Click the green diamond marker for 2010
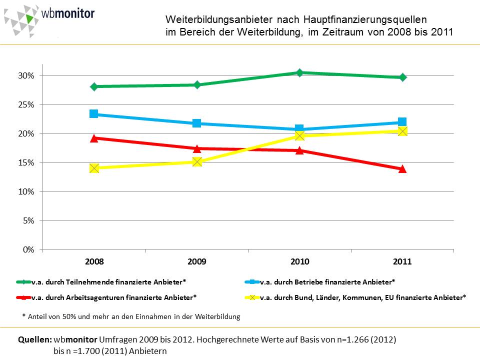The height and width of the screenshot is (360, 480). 299,73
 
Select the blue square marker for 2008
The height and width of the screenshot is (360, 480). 94,114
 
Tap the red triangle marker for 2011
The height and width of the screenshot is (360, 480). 402,169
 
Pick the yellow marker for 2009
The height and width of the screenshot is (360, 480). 197,161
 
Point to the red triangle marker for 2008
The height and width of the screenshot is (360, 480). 94,138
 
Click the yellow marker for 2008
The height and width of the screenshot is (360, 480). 94,168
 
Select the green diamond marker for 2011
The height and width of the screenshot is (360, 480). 402,77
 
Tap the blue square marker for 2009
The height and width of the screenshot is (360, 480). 197,123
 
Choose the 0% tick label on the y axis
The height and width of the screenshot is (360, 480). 28,249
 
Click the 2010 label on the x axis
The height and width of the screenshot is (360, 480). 299,261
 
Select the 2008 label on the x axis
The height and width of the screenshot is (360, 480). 94,261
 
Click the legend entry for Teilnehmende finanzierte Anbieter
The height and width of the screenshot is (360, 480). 109,282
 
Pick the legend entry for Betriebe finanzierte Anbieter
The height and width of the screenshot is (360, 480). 327,282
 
